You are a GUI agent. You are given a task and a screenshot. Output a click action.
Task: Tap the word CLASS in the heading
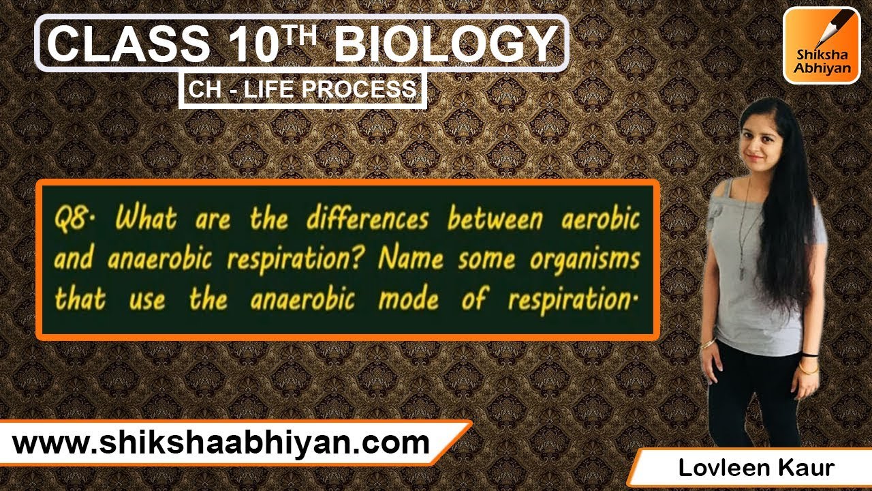coord(128,45)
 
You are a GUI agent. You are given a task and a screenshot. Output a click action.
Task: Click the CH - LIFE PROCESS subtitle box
coord(302,90)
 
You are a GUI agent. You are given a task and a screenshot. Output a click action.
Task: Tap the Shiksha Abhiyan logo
coord(821,45)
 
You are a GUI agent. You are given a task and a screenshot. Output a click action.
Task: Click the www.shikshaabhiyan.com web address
coord(221,444)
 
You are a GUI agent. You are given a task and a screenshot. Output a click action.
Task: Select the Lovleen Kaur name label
coord(755,468)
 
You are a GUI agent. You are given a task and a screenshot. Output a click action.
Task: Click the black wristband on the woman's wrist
coord(809,355)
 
